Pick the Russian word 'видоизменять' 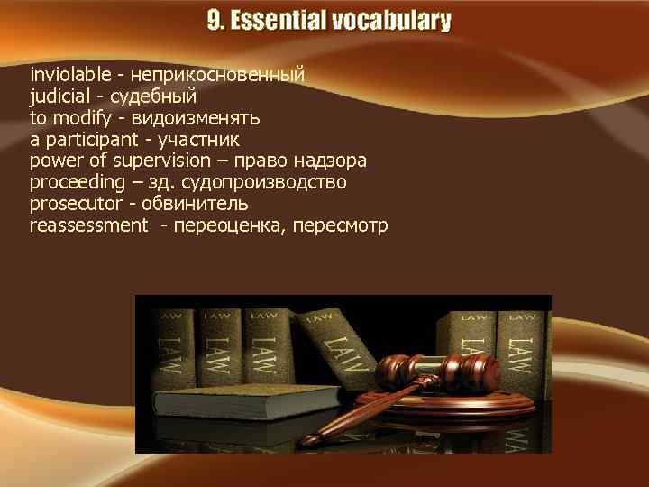[x=195, y=117]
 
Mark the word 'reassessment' [x=87, y=225]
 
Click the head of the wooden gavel [x=442, y=369]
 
